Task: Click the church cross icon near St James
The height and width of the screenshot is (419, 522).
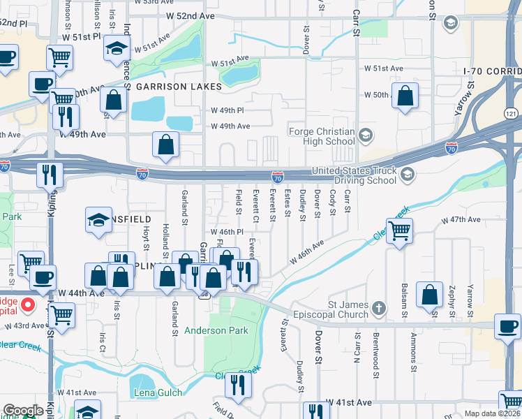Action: click(378, 308)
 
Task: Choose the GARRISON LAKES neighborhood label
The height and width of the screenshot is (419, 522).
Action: click(179, 87)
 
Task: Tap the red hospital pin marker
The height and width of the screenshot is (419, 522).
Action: click(28, 304)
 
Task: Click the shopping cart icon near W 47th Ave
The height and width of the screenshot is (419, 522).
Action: click(399, 230)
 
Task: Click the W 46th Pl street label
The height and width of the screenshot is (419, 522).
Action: click(226, 231)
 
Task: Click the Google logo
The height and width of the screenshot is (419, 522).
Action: click(23, 411)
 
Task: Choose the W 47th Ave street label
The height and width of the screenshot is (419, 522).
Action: click(461, 219)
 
